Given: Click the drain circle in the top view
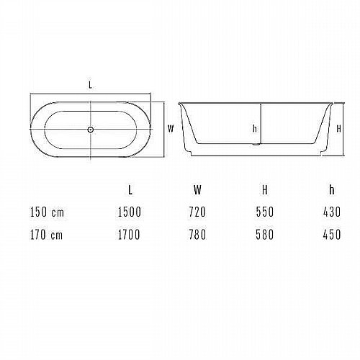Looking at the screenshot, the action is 90,130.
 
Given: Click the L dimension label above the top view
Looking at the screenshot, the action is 90,85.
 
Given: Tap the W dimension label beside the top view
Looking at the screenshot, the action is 171,129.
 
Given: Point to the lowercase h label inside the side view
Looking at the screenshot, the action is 255,129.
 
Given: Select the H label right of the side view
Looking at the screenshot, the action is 338,129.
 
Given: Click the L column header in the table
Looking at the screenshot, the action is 130,190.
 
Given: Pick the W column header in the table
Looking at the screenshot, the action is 197,190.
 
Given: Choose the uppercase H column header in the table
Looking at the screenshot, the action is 265,190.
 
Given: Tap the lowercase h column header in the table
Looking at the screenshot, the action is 332,190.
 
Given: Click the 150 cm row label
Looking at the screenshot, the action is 47,212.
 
